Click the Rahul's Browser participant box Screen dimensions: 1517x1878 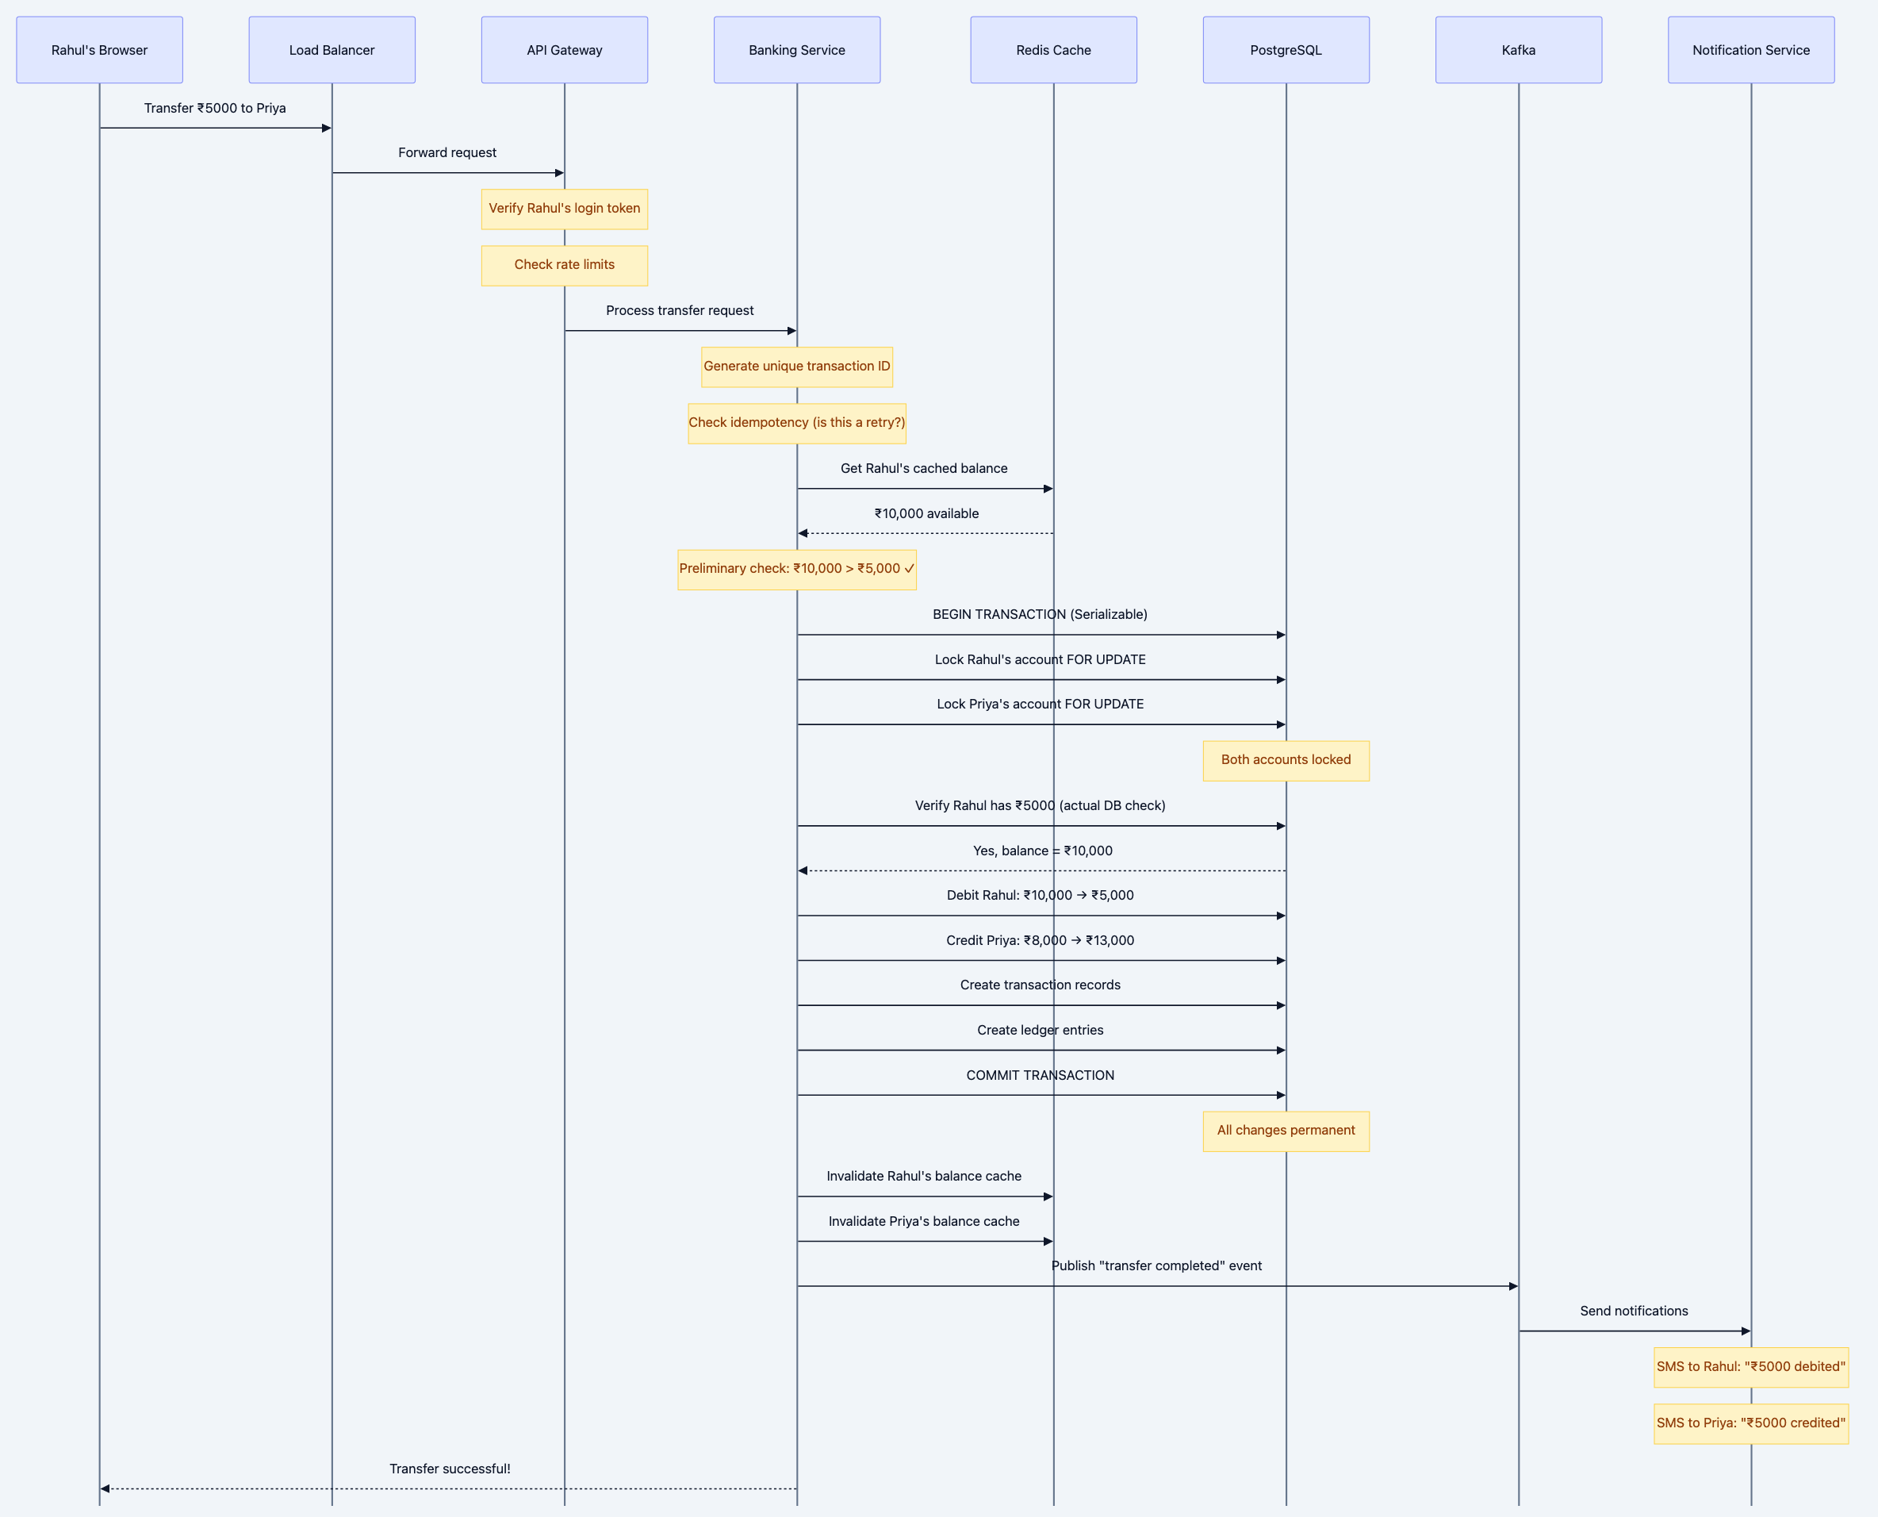[x=100, y=50]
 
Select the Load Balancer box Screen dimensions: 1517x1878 [x=332, y=50]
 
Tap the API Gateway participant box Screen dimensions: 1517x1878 [x=565, y=50]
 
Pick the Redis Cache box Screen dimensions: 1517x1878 [x=1053, y=50]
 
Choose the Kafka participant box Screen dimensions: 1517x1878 [x=1518, y=50]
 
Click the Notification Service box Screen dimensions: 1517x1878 [x=1750, y=50]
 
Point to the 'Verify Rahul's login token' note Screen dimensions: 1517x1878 [x=565, y=209]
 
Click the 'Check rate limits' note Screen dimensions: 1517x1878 [x=565, y=265]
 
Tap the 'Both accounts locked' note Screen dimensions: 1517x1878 [x=1286, y=760]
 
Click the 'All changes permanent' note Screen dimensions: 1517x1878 [x=1286, y=1131]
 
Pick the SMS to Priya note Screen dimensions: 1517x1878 [x=1750, y=1423]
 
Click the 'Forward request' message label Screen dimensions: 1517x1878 [x=447, y=153]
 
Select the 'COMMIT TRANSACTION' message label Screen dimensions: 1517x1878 [x=1040, y=1076]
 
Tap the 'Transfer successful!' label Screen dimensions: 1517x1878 [x=450, y=1469]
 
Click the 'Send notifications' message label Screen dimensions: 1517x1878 [x=1634, y=1311]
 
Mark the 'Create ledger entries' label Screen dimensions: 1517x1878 [x=1040, y=1031]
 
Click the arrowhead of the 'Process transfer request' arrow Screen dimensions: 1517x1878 [x=791, y=331]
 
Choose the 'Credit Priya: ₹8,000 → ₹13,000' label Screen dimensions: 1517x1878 [x=1040, y=940]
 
